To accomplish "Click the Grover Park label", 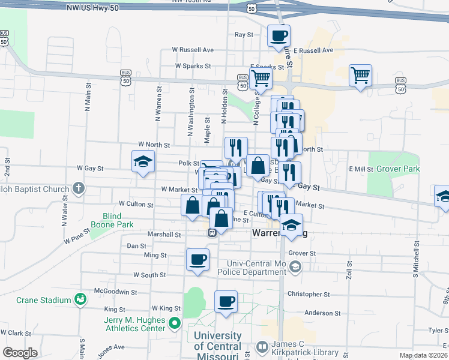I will tap(398, 169).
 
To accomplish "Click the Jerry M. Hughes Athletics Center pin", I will tap(175, 324).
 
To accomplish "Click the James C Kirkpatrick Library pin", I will tap(262, 346).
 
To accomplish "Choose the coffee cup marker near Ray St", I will tap(279, 36).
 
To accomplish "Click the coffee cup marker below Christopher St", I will tap(226, 301).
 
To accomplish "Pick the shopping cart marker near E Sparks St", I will tap(261, 77).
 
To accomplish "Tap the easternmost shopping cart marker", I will tap(361, 76).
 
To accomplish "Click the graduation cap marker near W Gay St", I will tap(143, 161).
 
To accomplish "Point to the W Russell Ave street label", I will tap(193, 50).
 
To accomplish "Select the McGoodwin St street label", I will tap(116, 292).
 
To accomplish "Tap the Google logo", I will tap(20, 353).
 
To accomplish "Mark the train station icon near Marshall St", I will tap(212, 233).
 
